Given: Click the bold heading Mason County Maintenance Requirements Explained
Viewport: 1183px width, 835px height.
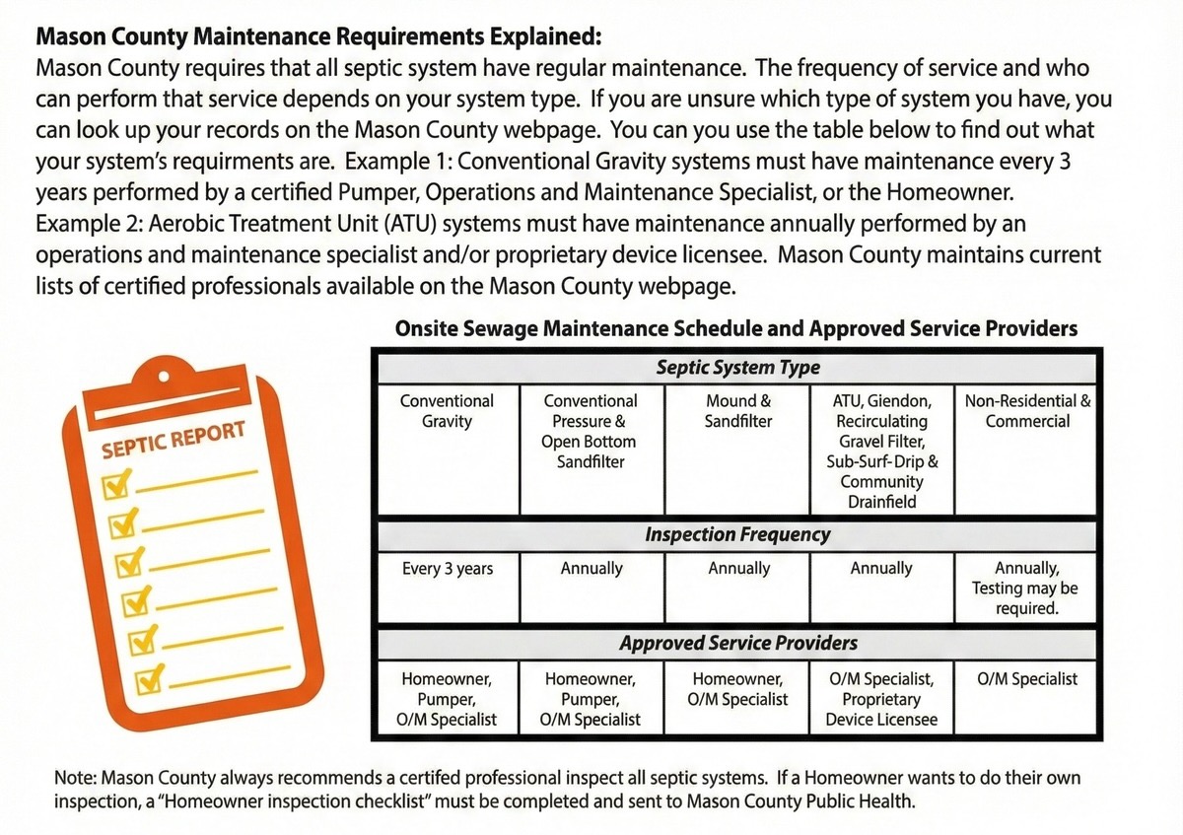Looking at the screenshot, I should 317,38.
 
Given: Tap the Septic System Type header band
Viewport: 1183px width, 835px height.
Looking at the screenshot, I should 737,369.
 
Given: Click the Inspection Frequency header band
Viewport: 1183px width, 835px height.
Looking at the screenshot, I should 737,535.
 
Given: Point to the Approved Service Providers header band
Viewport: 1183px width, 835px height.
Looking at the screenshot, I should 737,644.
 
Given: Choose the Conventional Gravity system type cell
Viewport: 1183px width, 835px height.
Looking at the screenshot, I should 447,411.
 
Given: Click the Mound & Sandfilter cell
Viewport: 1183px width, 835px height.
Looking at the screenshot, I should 737,411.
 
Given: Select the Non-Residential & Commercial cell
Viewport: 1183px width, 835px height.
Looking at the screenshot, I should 1027,411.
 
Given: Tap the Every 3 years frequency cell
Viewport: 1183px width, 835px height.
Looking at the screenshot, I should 447,569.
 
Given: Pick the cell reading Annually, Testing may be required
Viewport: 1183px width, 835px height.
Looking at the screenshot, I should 1027,588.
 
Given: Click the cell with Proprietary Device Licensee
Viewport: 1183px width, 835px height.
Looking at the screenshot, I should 881,699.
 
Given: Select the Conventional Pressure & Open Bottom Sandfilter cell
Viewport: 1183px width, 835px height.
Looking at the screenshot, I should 591,431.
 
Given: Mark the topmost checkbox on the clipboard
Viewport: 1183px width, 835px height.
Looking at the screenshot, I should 118,483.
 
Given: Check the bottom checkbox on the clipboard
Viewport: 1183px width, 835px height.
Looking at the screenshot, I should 148,678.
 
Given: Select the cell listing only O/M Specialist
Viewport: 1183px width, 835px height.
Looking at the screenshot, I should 1027,678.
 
